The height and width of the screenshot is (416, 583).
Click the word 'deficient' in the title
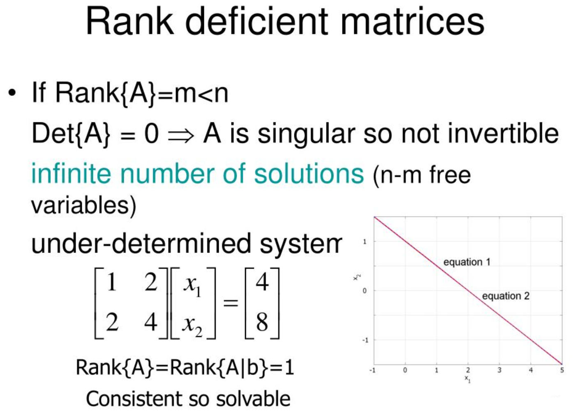click(x=257, y=21)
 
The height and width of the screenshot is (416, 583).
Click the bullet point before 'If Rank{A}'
click(x=12, y=93)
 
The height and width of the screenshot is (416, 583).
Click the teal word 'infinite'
click(x=71, y=173)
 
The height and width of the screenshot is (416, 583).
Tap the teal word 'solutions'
click(x=309, y=173)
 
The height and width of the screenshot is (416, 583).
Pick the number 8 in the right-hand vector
click(x=262, y=322)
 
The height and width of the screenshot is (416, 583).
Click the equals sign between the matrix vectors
click(x=231, y=303)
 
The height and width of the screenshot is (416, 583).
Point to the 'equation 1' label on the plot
click(x=467, y=262)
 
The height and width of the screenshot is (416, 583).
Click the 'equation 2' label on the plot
click(x=506, y=296)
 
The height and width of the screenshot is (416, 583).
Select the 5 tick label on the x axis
click(x=562, y=370)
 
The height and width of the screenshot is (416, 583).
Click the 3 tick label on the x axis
click(x=499, y=370)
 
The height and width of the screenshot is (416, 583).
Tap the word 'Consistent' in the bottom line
click(x=134, y=399)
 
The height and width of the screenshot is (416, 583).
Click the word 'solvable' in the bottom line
click(x=253, y=399)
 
